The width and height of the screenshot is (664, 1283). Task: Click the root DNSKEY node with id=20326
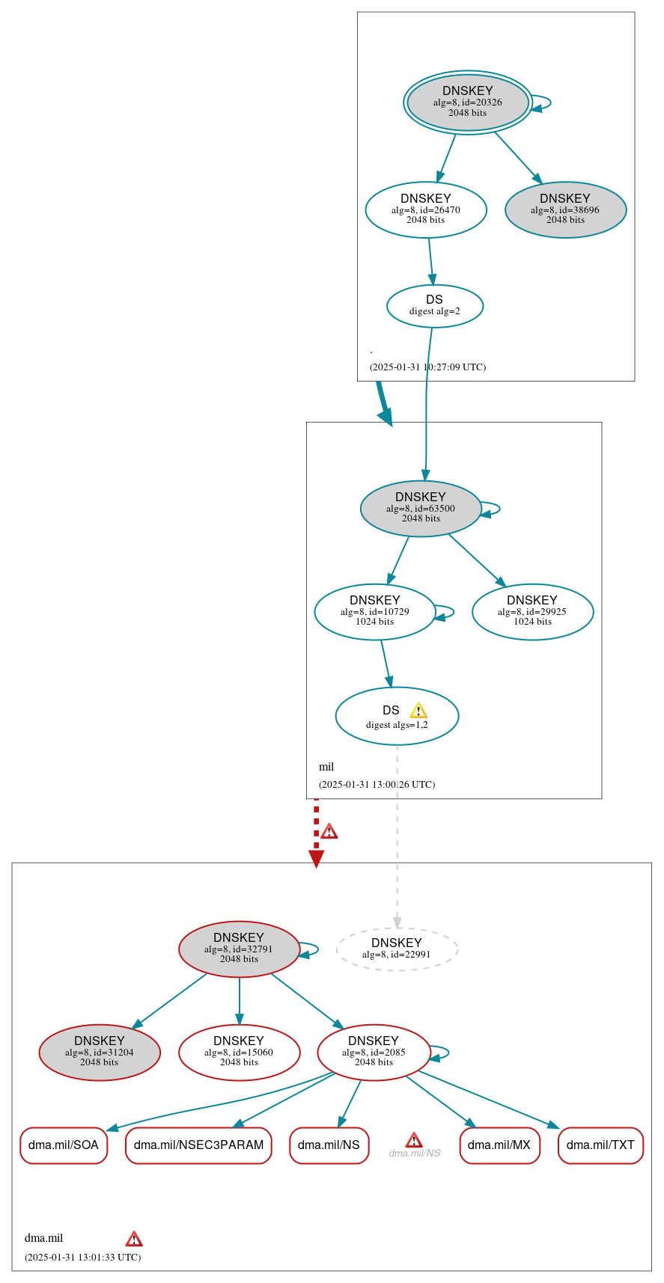tap(468, 102)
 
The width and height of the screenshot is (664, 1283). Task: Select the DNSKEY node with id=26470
tap(426, 209)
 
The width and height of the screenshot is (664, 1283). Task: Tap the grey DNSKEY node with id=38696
tap(565, 209)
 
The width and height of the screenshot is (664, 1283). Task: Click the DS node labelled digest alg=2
tap(435, 306)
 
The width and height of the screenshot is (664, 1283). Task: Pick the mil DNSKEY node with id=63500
tap(421, 509)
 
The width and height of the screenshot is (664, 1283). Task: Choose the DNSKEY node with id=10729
tap(375, 612)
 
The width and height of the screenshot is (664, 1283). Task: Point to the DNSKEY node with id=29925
tap(532, 612)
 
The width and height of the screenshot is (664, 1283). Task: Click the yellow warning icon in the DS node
tap(418, 710)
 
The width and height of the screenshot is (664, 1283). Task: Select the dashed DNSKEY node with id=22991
tap(397, 949)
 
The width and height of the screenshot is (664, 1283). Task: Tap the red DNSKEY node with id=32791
tap(239, 949)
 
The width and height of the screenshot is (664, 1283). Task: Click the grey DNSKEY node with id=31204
tap(100, 1053)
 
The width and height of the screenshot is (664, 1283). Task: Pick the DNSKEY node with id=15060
tap(239, 1053)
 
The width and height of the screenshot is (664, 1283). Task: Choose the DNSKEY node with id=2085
tap(374, 1053)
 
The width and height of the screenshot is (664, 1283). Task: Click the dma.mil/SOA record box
tap(64, 1145)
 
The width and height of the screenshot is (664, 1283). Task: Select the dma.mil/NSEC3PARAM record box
tap(198, 1145)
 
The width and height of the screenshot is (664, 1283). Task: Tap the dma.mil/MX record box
tap(499, 1145)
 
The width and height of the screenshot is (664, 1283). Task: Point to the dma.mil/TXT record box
tap(600, 1145)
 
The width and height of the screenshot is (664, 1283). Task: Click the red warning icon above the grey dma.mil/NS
tap(414, 1140)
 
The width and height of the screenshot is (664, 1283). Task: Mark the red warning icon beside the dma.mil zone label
tap(134, 1239)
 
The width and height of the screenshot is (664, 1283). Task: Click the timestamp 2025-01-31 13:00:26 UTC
tap(377, 785)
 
